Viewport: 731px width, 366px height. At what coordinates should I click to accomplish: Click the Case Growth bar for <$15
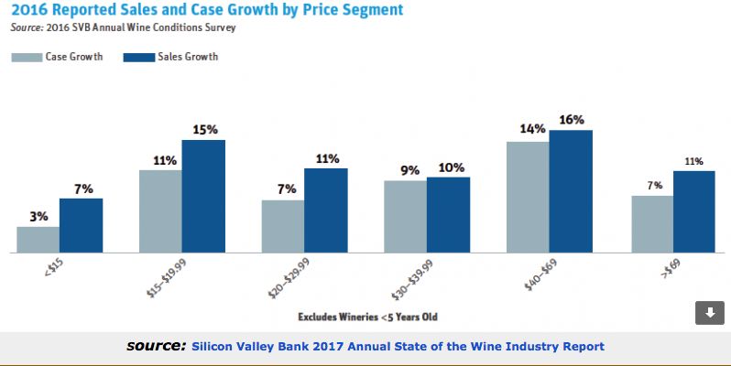pyautogui.click(x=38, y=240)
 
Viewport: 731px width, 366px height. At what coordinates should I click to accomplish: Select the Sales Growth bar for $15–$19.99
pyautogui.click(x=203, y=196)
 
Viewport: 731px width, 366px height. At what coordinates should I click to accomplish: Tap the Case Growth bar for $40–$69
pyautogui.click(x=528, y=198)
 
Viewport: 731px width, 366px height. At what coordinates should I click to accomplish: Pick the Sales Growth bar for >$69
pyautogui.click(x=693, y=211)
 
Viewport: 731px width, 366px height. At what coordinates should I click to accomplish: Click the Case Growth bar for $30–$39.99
pyautogui.click(x=405, y=216)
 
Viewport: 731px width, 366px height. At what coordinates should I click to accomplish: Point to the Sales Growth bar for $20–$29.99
pyautogui.click(x=326, y=210)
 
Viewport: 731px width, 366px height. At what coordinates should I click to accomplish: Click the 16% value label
pyautogui.click(x=572, y=120)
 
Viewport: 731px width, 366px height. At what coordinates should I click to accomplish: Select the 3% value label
pyautogui.click(x=38, y=216)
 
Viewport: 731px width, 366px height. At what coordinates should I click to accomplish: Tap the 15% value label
pyautogui.click(x=204, y=129)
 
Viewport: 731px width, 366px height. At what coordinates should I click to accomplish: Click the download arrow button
pyautogui.click(x=709, y=312)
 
